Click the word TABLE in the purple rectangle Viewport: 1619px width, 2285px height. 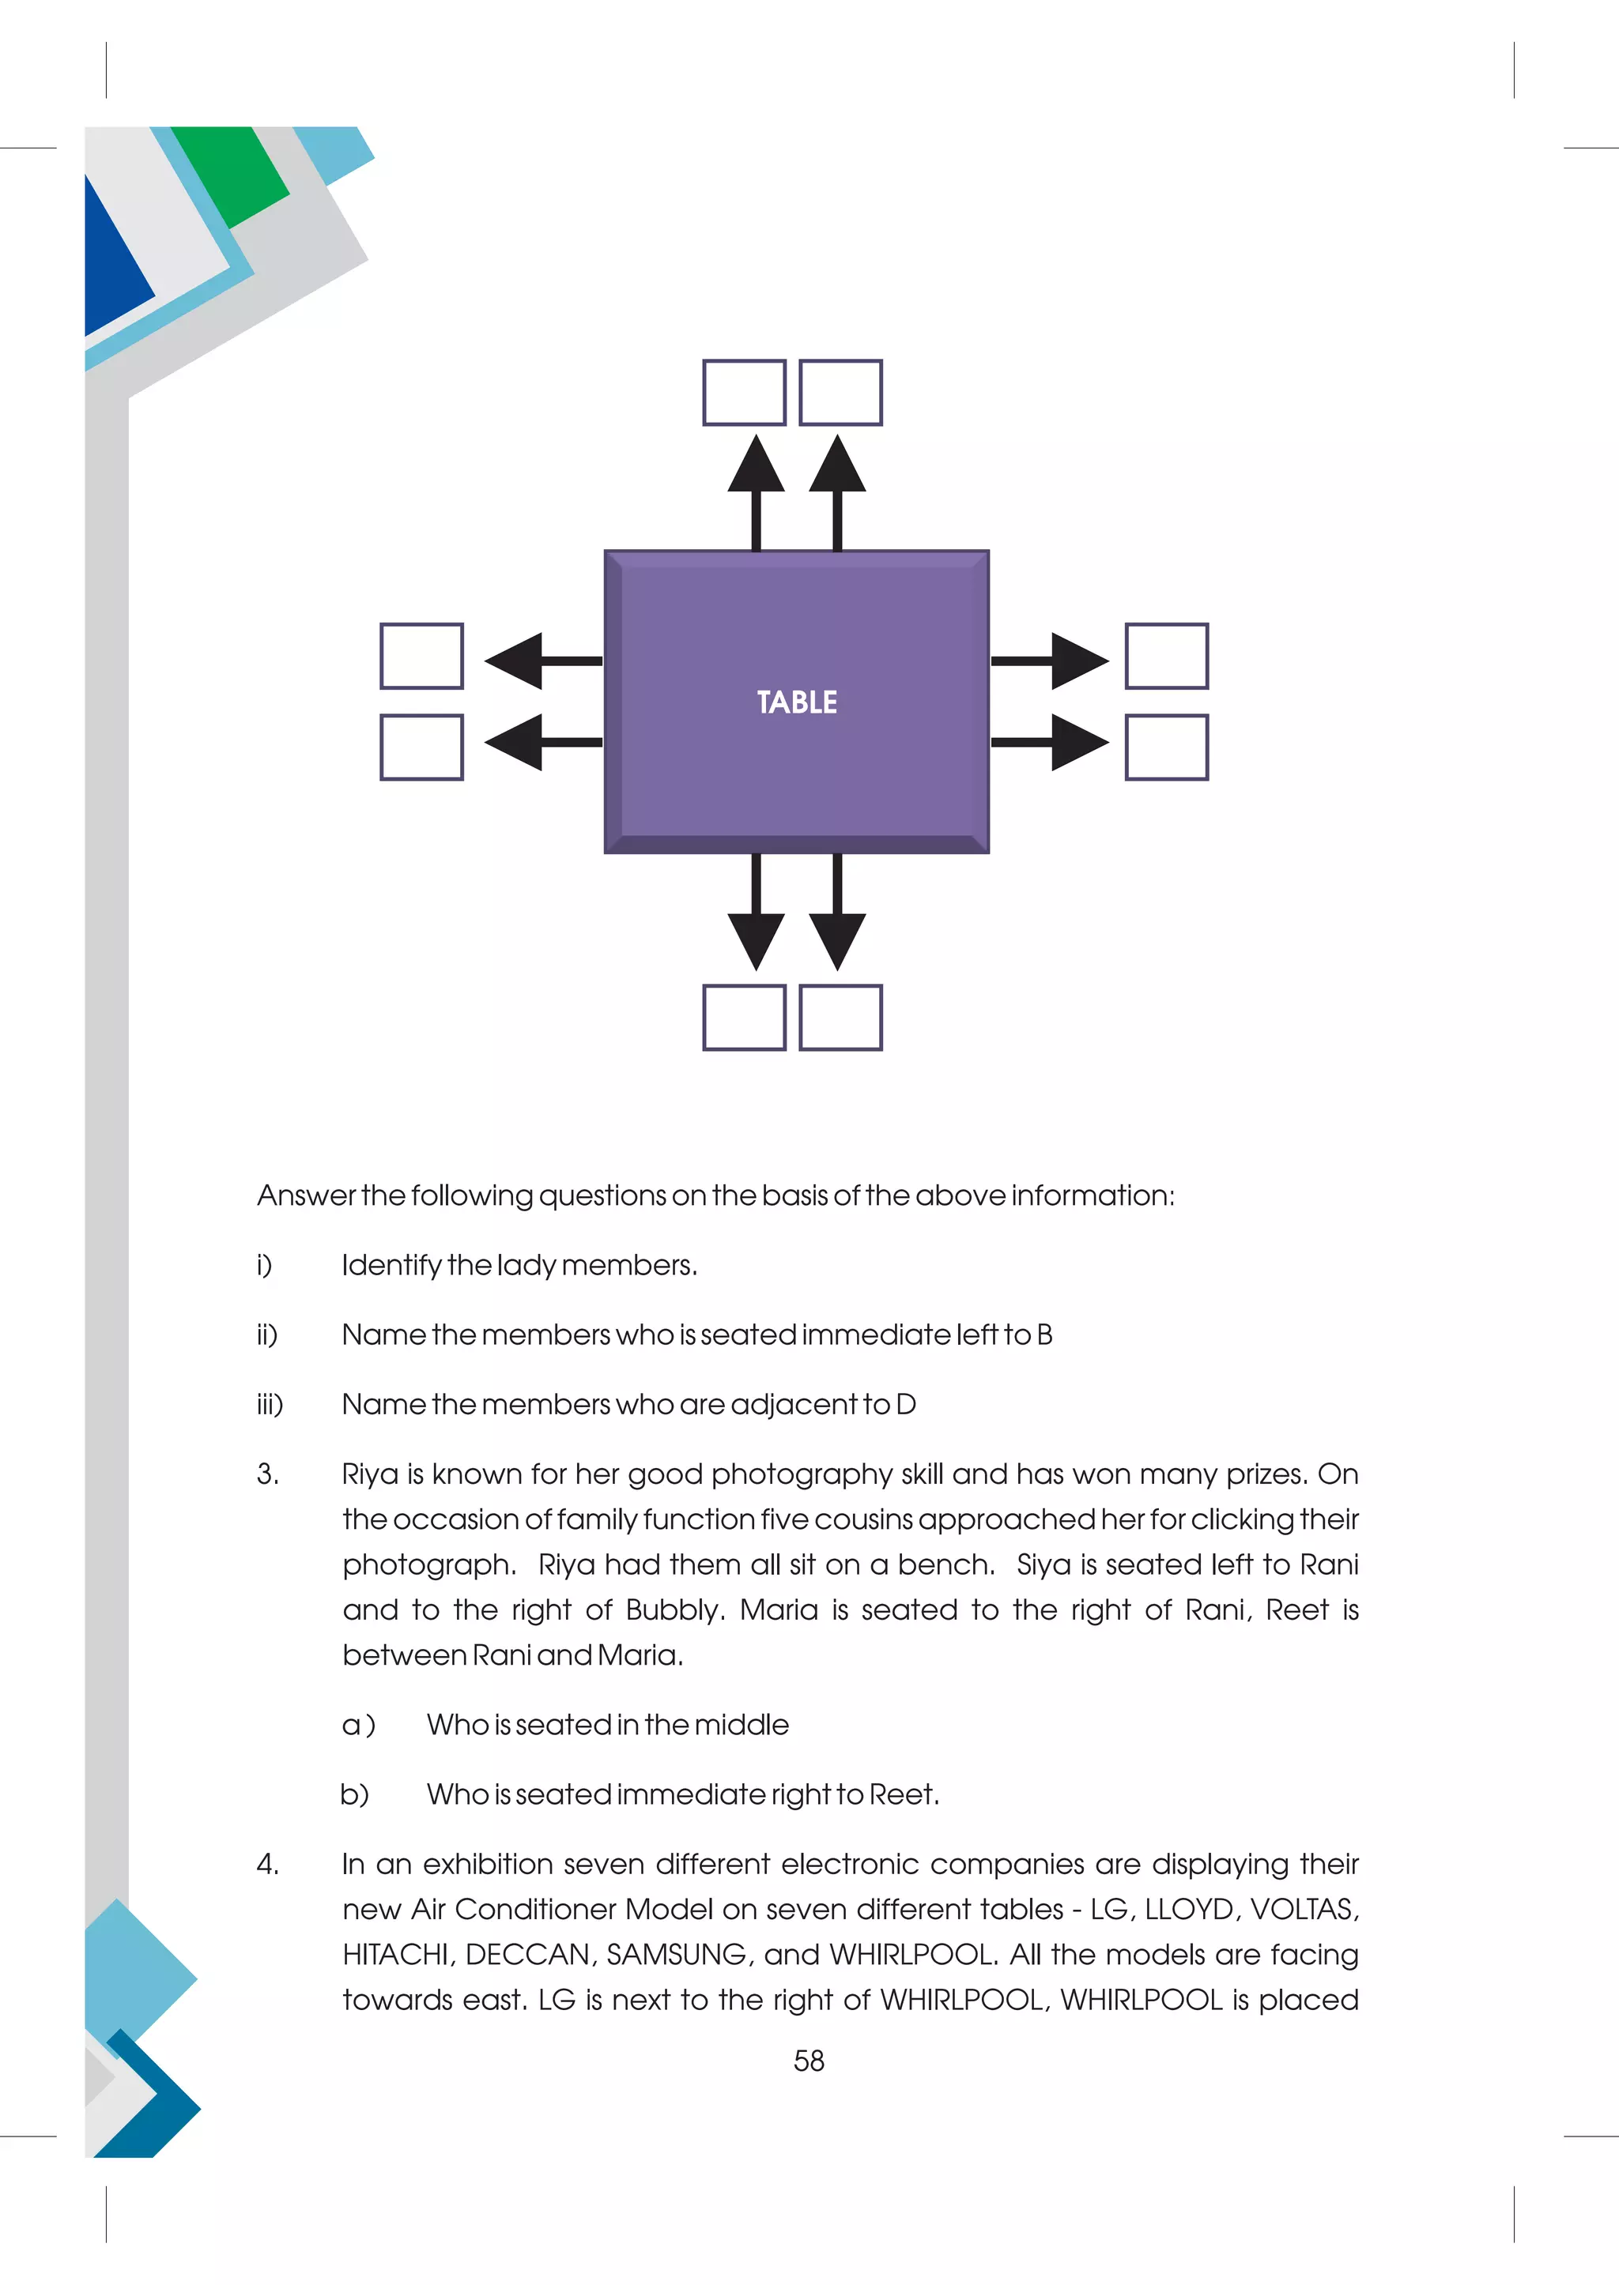point(797,702)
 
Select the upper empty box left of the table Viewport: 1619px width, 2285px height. point(421,656)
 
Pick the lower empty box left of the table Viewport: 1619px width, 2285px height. point(421,747)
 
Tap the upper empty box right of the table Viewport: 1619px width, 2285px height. point(1166,656)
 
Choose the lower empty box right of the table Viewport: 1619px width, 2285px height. point(1166,747)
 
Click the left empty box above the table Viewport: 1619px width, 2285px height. point(744,393)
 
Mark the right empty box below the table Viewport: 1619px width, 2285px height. point(840,1018)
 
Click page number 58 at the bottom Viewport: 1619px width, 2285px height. point(809,2061)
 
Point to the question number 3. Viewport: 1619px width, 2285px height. point(266,1474)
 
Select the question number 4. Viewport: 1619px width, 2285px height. point(266,1863)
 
